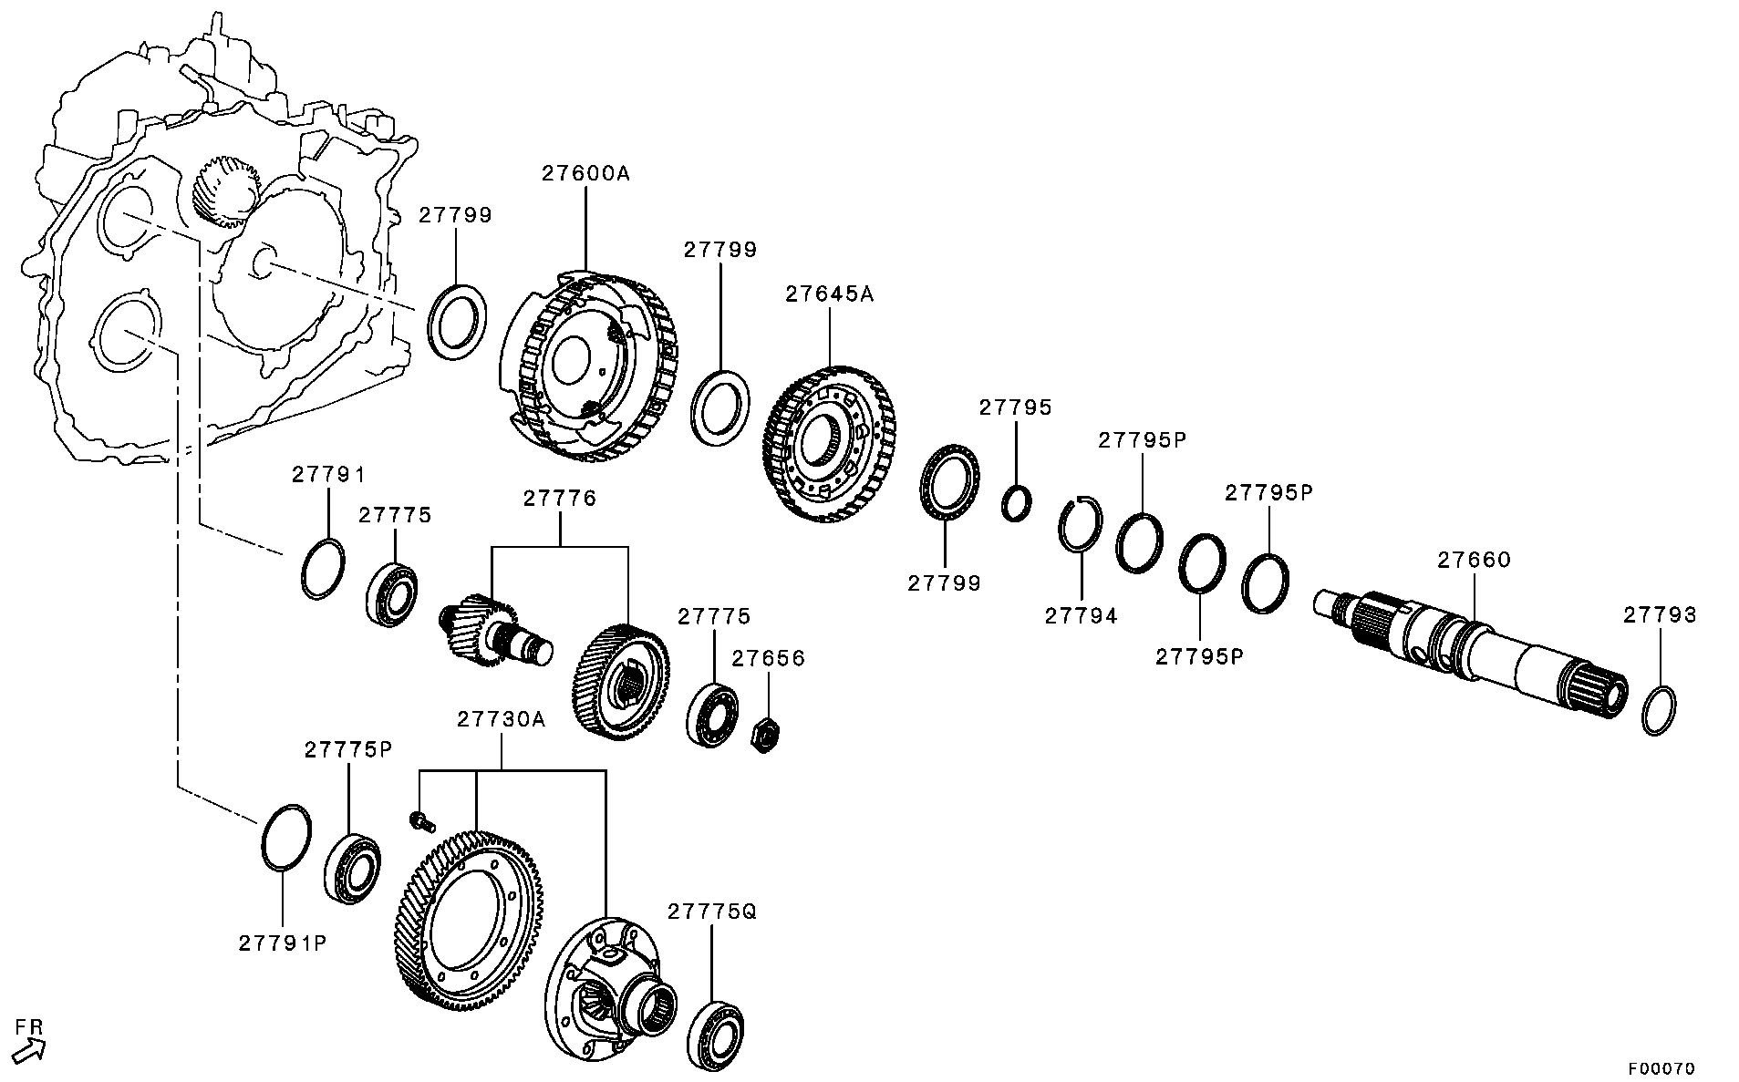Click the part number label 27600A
click(x=585, y=173)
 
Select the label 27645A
click(x=830, y=294)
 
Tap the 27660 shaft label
click(x=1474, y=560)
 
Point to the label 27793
click(x=1660, y=615)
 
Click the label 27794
click(x=1081, y=616)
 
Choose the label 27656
click(x=769, y=658)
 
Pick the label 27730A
click(x=501, y=719)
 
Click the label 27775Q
click(x=712, y=912)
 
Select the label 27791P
click(x=283, y=943)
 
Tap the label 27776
click(x=559, y=499)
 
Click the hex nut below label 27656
click(x=764, y=732)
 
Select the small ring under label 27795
click(x=1017, y=503)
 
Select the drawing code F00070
click(x=1661, y=1067)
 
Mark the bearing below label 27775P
click(x=352, y=867)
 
